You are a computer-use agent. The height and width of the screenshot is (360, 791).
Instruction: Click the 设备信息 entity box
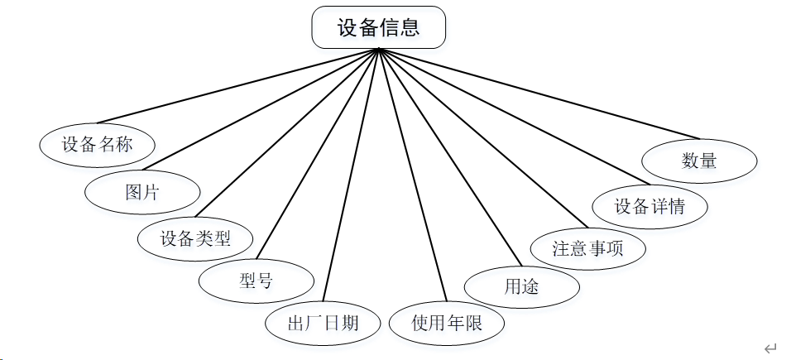click(x=378, y=27)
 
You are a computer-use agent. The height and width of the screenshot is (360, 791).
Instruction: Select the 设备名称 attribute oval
click(x=97, y=145)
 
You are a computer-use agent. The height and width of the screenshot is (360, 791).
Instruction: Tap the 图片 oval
click(x=142, y=192)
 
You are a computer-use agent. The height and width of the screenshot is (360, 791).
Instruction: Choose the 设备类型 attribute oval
click(x=194, y=238)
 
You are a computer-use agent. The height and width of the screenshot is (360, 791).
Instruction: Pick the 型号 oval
click(x=256, y=281)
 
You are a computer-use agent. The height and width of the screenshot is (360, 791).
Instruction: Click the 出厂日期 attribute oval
click(x=322, y=323)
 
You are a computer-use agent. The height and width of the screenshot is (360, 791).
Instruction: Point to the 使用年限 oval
click(x=447, y=323)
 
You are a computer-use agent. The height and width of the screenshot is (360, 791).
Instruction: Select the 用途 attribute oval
click(x=521, y=286)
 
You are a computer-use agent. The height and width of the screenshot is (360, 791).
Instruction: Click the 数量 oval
click(x=699, y=161)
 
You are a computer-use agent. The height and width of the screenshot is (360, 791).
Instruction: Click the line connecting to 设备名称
click(x=240, y=86)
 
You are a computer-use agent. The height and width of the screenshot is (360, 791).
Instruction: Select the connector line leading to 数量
click(x=538, y=92)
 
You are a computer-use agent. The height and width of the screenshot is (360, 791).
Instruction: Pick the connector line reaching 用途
click(x=443, y=157)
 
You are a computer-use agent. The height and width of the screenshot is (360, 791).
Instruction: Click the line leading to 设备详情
click(x=513, y=116)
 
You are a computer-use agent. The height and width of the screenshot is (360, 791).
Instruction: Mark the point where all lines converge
click(x=378, y=49)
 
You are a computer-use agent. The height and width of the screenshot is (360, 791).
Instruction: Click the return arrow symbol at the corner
click(x=770, y=348)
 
